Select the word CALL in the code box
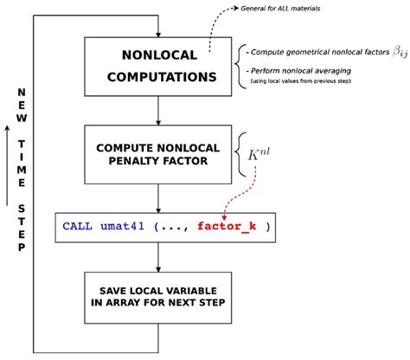pyautogui.click(x=79, y=227)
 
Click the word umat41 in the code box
pyautogui.click(x=127, y=227)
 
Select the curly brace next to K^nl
pyautogui.click(x=242, y=155)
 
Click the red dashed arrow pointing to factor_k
pyautogui.click(x=243, y=196)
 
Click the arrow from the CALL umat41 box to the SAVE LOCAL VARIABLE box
pyautogui.click(x=157, y=258)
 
